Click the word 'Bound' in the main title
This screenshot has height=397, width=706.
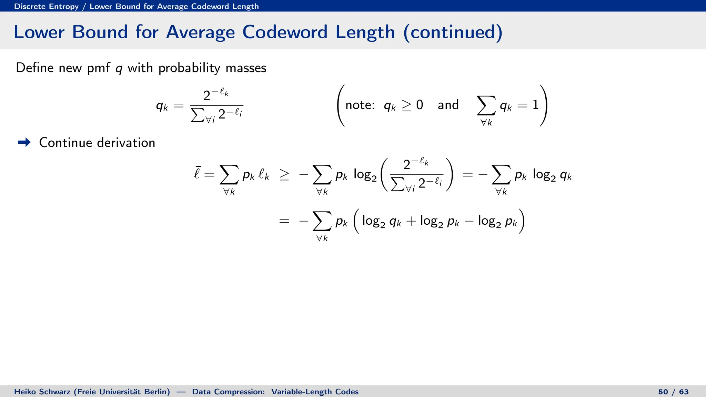click(x=100, y=32)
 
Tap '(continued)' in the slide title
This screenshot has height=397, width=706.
click(x=453, y=32)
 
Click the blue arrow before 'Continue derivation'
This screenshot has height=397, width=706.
click(x=24, y=142)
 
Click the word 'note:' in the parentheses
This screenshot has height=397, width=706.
click(x=360, y=105)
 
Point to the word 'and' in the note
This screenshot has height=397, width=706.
click(x=448, y=105)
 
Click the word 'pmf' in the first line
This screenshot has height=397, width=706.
click(x=98, y=68)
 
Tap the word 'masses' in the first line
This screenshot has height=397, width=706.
click(x=246, y=68)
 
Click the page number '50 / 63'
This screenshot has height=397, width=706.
click(x=673, y=391)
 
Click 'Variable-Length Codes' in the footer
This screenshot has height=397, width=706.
click(x=315, y=391)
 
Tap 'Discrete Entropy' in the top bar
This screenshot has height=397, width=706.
click(x=46, y=6)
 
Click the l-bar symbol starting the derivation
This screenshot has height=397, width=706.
click(x=197, y=173)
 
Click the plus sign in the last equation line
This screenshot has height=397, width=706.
click(x=411, y=221)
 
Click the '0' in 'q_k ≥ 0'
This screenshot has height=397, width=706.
click(x=420, y=105)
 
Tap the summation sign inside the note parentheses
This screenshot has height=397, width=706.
click(x=486, y=105)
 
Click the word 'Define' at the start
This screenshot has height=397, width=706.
click(x=34, y=68)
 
